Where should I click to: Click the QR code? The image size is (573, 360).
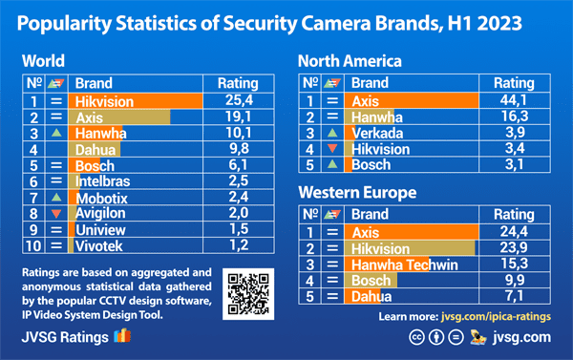coord(247,293)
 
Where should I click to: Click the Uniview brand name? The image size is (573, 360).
coord(102,229)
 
